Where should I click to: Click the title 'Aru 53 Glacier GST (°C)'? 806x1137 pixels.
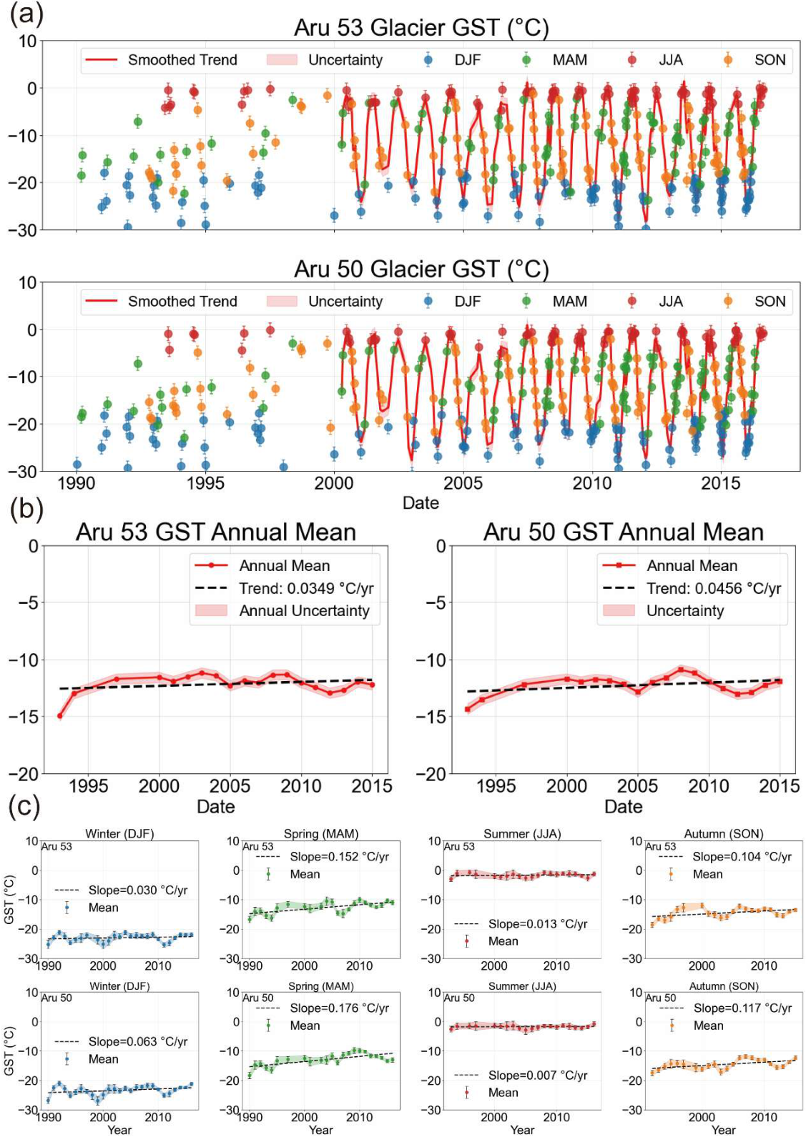[421, 27]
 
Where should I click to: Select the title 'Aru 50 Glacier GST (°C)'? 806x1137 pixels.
[421, 269]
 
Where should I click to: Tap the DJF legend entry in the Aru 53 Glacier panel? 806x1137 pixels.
[452, 60]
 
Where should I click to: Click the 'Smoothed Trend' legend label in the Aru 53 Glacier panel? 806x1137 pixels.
[182, 60]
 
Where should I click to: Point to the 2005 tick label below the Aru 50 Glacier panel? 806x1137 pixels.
[463, 482]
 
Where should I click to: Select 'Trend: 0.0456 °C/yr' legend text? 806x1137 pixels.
[714, 588]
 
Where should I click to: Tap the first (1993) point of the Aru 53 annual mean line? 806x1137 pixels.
[60, 715]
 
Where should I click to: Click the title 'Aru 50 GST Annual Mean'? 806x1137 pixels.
[624, 532]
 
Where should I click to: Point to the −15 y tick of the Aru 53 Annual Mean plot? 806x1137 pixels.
[24, 717]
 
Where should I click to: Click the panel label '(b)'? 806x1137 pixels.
[26, 510]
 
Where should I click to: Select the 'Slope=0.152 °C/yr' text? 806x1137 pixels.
[339, 857]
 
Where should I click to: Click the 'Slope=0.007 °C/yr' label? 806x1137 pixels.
[538, 1075]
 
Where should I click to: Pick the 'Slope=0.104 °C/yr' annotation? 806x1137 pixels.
[742, 857]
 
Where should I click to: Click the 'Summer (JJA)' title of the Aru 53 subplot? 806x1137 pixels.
[522, 833]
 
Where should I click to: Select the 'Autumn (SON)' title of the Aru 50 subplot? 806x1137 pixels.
[724, 986]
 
